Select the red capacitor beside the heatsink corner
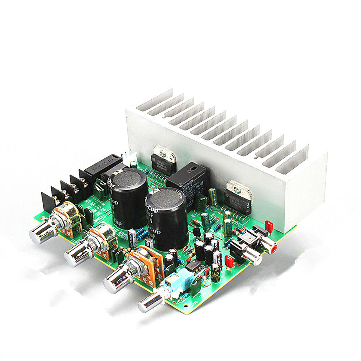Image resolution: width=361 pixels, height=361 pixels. [269, 227]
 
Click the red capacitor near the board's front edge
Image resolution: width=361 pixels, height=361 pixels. [229, 261]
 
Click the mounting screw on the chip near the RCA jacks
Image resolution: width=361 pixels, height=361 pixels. [237, 189]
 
